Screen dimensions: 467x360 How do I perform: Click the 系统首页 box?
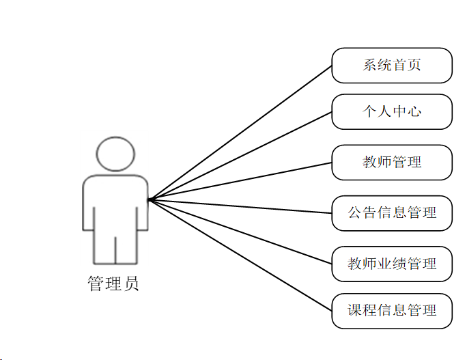tap(392, 66)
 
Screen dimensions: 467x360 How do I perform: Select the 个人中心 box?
tap(392, 111)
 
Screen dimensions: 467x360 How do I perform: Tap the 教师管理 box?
tap(392, 162)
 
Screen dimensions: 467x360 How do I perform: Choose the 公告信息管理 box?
tap(392, 212)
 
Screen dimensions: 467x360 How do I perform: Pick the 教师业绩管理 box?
tap(392, 263)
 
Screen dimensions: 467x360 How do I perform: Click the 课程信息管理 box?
tap(392, 311)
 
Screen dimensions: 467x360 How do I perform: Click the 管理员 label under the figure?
tap(113, 283)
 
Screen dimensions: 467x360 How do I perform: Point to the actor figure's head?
tap(115, 154)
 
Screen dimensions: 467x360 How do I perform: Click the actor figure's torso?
tap(115, 205)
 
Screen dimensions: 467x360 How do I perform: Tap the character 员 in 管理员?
tap(132, 283)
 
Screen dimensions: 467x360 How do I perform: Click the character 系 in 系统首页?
tap(369, 66)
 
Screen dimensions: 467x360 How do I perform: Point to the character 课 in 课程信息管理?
tap(355, 311)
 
